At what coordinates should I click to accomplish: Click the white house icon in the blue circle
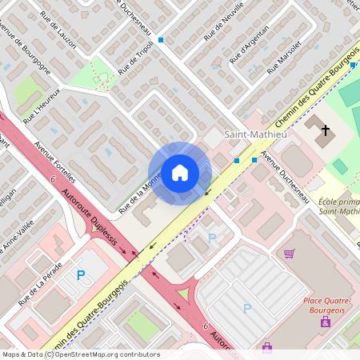click(x=179, y=172)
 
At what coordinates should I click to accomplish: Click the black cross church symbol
click(x=325, y=130)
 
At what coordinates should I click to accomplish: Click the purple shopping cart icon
click(x=289, y=253)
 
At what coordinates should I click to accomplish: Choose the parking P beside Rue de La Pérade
click(x=80, y=274)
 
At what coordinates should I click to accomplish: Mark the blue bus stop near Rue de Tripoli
click(x=161, y=39)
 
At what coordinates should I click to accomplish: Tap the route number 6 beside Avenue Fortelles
click(x=52, y=182)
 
